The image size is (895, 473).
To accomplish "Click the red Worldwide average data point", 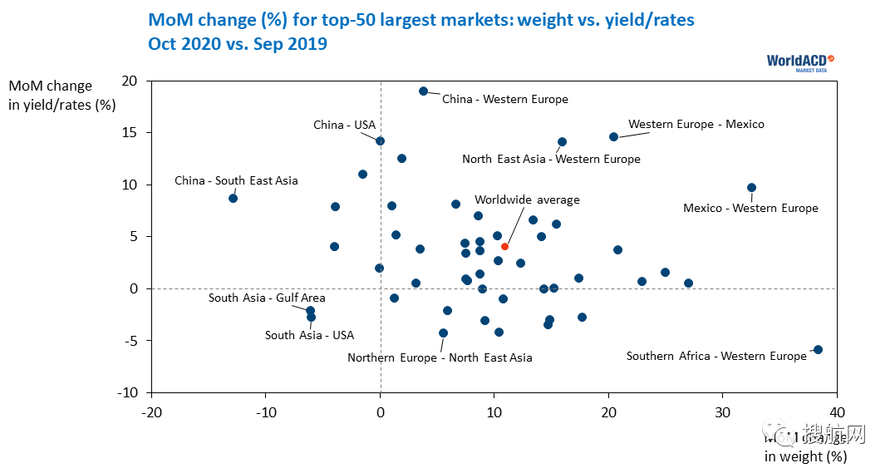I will coord(504,246).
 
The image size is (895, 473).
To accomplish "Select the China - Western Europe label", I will coord(504,100).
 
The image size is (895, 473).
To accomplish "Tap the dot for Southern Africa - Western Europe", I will coord(818,349).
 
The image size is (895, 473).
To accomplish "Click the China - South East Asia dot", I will coord(234,198).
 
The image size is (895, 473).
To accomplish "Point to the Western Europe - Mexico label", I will coord(696,125).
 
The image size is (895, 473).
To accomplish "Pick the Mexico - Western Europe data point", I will coord(751,188).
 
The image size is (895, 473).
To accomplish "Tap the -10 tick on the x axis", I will coord(266,411).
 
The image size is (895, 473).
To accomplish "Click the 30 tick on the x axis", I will coord(723,411).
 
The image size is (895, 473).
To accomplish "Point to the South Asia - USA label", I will coord(309,336).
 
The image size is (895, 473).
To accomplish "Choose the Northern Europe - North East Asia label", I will coord(440,358).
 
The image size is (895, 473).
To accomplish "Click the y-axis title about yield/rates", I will coord(61,96).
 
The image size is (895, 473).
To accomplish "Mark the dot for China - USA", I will coord(380,141).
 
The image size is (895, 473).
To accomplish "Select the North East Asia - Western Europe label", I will coord(551,159).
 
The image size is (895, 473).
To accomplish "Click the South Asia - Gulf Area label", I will coord(267,298).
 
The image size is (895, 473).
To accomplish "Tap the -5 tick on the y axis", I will coord(130,340).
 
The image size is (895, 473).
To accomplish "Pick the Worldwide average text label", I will coord(527,200).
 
